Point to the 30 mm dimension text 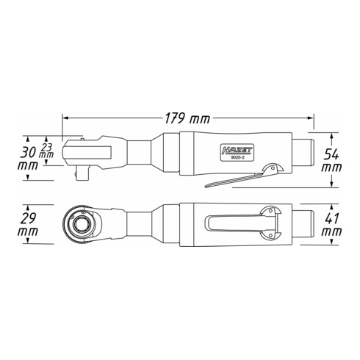pos(30,160)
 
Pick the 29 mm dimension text pos(30,224)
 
